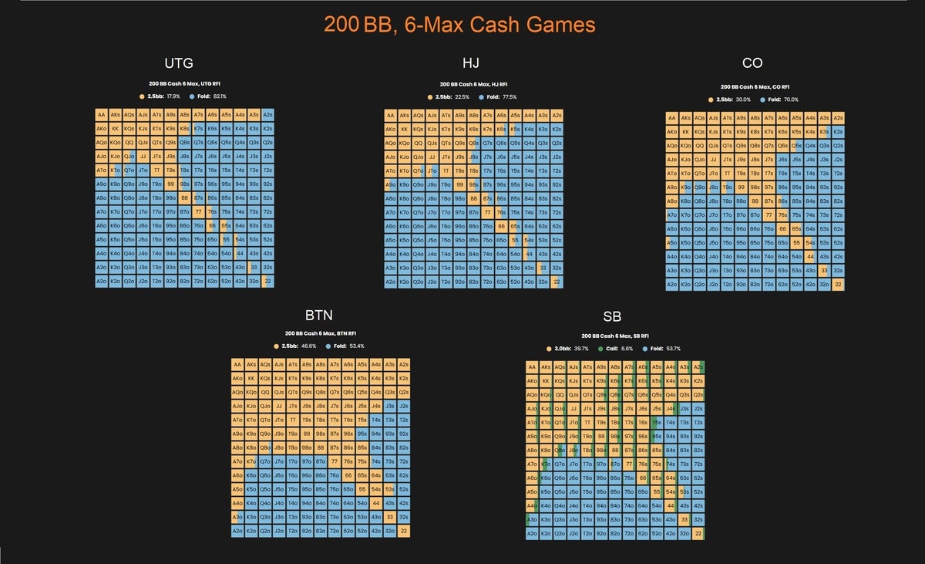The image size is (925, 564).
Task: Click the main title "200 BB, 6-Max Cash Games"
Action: tap(459, 24)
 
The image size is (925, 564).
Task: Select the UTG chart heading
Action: tap(179, 63)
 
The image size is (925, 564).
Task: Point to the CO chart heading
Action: tap(753, 63)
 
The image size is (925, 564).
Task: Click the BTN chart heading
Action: tap(320, 315)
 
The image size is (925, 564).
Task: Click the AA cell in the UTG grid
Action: tap(102, 115)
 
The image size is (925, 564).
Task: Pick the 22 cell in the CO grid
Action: tap(838, 285)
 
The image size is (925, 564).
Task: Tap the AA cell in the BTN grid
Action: tap(238, 364)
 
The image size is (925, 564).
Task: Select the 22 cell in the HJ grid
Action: tap(557, 282)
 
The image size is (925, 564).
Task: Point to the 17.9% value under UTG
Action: tap(173, 96)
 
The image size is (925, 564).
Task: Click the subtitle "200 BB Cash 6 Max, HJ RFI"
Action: tap(473, 84)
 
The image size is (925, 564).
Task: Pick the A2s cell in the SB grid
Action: tap(698, 367)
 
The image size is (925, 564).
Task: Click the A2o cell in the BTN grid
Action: tap(238, 531)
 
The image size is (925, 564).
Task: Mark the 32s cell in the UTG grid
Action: tap(267, 268)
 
